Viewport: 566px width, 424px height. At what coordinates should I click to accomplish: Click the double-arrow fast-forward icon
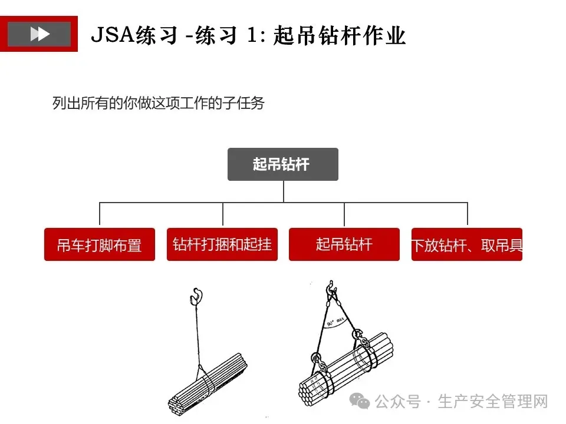click(x=40, y=34)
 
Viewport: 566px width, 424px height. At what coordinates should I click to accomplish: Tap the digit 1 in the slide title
click(x=251, y=35)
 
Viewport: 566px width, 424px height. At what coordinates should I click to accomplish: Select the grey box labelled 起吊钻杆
click(x=283, y=164)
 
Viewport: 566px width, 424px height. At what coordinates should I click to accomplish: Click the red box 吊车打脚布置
click(x=100, y=244)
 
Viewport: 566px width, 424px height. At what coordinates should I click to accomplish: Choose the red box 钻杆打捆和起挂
click(x=222, y=244)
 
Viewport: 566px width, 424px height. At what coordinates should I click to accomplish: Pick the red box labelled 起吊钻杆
click(x=344, y=244)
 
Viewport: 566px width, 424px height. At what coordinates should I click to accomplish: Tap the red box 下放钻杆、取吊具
click(x=467, y=244)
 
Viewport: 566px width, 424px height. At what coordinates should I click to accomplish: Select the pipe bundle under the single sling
click(x=206, y=383)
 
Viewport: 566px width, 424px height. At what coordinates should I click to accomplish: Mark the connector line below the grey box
click(x=283, y=192)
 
